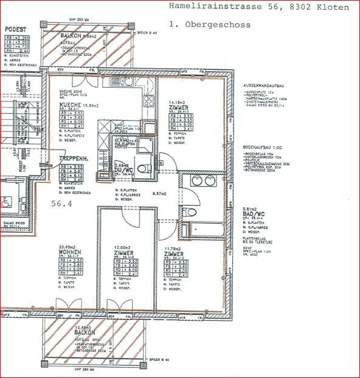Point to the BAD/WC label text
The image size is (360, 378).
click(x=253, y=215)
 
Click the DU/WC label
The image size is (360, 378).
click(x=123, y=170)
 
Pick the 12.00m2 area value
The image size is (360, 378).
click(x=123, y=247)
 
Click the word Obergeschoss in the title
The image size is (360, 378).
click(x=234, y=25)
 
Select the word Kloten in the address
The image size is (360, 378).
click(x=333, y=7)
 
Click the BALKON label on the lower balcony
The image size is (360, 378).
click(x=83, y=333)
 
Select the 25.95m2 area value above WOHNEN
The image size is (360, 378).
click(x=70, y=246)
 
